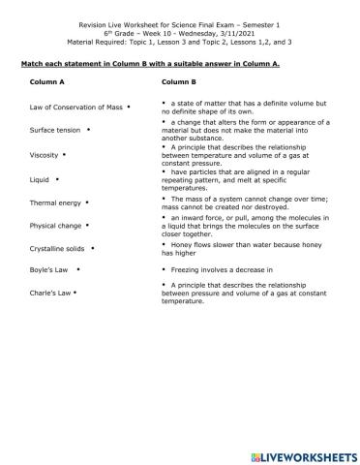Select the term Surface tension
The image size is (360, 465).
point(55,130)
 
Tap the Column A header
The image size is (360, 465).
point(51,82)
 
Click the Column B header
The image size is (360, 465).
point(179,82)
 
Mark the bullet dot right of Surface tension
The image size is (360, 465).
point(88,129)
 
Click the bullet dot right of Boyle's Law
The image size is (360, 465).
point(77,271)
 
